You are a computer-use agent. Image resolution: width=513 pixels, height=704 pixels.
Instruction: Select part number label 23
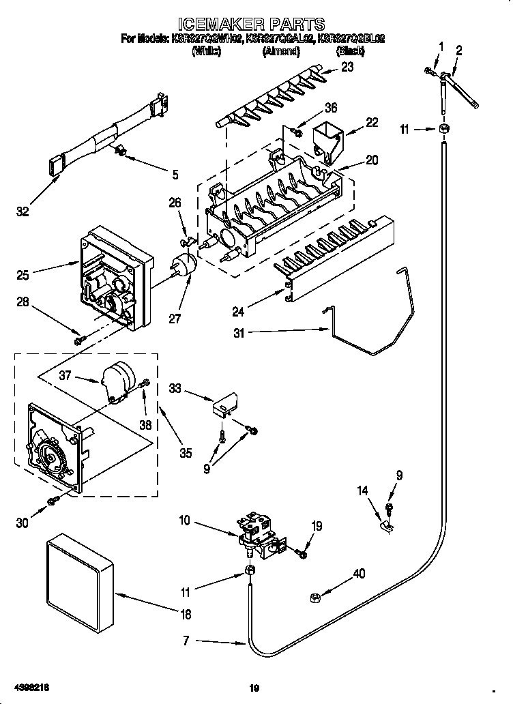point(347,67)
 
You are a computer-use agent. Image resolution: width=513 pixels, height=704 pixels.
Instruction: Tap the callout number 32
point(23,212)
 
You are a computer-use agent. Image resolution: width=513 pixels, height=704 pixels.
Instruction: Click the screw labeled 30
point(52,503)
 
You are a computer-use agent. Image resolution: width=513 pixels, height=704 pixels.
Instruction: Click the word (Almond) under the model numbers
point(282,50)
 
